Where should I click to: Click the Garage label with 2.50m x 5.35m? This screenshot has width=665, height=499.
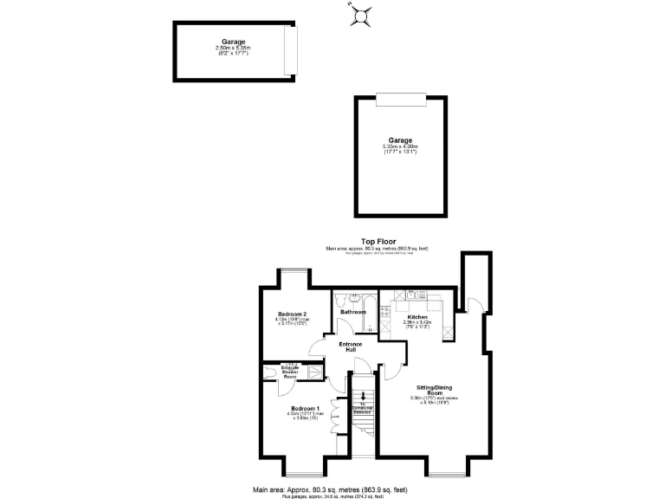[x=232, y=42]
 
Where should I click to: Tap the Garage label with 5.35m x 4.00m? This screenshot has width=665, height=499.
[x=400, y=139]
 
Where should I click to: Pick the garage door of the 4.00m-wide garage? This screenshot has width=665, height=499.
[x=400, y=100]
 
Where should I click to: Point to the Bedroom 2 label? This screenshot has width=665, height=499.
[x=292, y=314]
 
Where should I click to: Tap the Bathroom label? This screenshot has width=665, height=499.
[x=353, y=312]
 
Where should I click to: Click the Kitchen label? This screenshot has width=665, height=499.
[x=418, y=317]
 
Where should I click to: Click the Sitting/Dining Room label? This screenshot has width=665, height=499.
[x=433, y=392]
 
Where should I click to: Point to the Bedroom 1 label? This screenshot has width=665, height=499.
[x=306, y=408]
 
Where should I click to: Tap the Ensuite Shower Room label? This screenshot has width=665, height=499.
[x=290, y=372]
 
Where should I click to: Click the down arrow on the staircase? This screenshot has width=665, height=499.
[x=362, y=401]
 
